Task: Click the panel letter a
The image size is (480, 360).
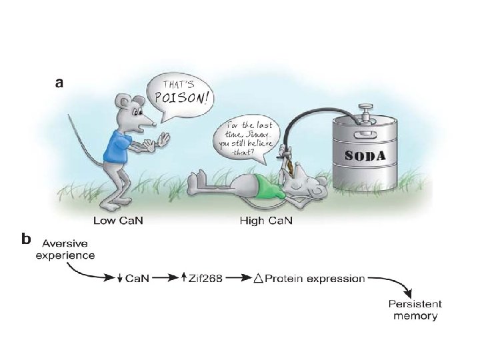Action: tap(60, 83)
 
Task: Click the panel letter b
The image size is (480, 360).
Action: tap(25, 238)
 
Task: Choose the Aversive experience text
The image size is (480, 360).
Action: tap(65, 249)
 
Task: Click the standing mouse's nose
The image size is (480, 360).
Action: tap(155, 123)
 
